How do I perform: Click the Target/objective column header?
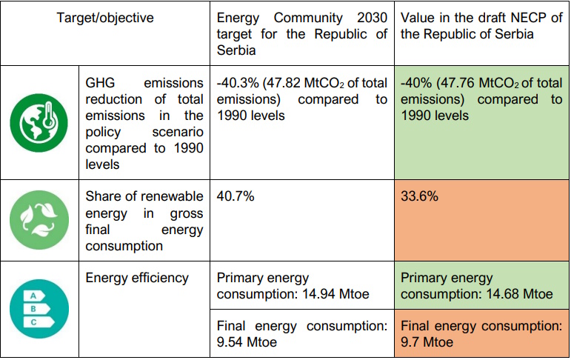[x=105, y=17]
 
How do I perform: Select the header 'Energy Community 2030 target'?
[x=301, y=34]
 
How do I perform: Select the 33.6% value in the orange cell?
[x=419, y=197]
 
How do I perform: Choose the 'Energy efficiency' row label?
[x=137, y=278]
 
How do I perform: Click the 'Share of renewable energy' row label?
[x=144, y=221]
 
